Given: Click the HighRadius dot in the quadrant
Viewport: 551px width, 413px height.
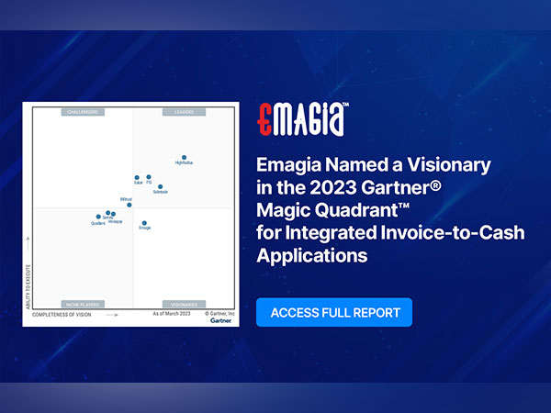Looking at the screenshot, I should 184,158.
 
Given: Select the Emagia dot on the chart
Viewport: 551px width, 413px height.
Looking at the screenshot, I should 144,222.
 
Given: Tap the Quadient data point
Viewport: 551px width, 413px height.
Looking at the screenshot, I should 98,218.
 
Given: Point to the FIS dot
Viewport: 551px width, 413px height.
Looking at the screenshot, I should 149,177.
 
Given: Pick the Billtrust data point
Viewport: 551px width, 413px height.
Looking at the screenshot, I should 129,205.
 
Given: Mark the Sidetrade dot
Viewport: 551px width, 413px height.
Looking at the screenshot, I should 160,187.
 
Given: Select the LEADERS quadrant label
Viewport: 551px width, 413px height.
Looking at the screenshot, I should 182,112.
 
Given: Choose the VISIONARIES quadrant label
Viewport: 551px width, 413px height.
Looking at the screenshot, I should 182,304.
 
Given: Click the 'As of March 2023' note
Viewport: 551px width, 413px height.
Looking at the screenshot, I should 171,314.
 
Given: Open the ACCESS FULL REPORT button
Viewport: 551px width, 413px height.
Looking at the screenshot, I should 334,312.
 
